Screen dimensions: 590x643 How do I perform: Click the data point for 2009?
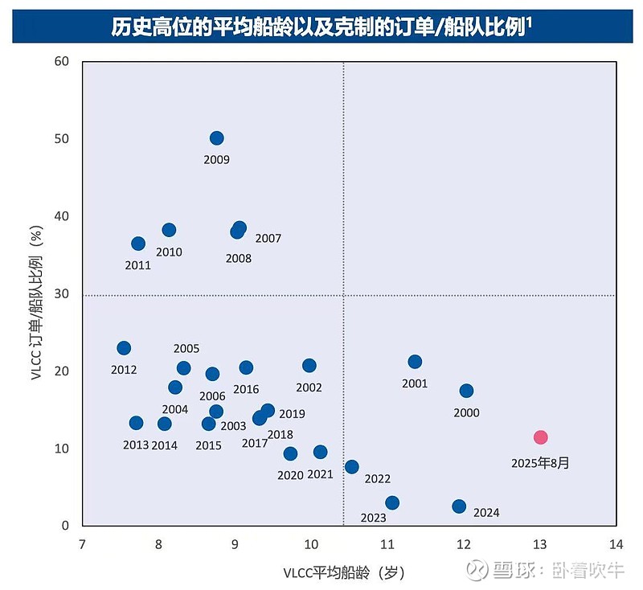point(216,138)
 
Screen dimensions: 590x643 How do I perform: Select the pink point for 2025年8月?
point(541,437)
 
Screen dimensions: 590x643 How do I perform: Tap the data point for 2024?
point(459,506)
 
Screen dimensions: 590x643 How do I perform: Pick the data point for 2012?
point(124,348)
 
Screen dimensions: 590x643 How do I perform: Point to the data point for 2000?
point(466,391)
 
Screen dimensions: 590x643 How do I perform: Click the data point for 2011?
point(138,244)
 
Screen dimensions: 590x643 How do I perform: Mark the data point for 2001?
point(415,362)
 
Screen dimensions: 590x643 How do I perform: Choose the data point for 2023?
point(392,503)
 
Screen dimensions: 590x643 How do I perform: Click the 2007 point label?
point(268,239)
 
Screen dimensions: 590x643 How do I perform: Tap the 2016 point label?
point(246,390)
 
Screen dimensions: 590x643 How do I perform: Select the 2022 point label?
point(377,479)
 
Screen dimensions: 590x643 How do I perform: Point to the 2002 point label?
point(309,387)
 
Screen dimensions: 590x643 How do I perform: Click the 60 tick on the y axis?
point(63,62)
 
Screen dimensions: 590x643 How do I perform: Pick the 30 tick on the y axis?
point(63,294)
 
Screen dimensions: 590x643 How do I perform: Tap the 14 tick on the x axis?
point(616,543)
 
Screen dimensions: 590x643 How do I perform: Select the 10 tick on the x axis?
point(311,543)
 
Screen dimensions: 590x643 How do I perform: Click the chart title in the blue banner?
point(321,27)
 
